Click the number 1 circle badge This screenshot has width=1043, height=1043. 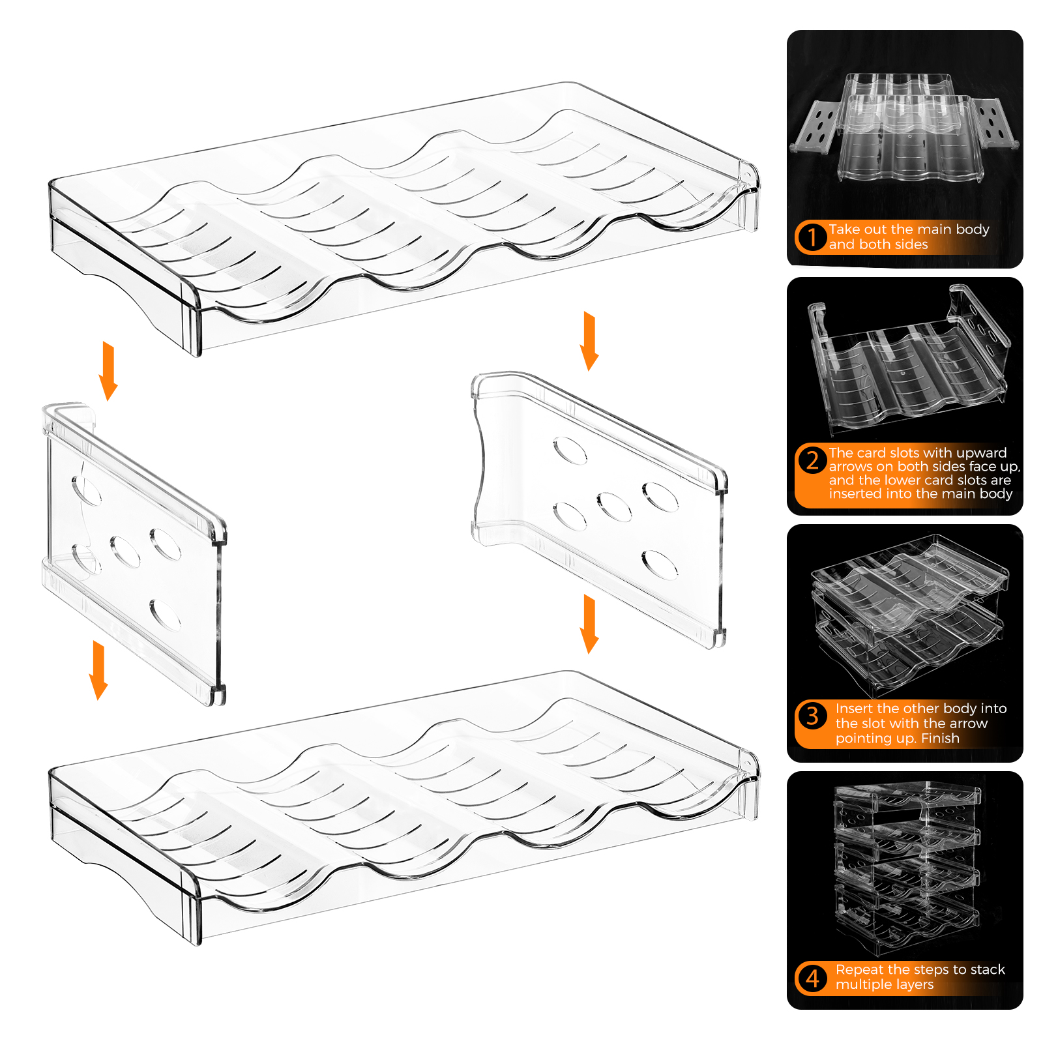coord(812,237)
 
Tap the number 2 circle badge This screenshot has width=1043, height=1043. coord(812,460)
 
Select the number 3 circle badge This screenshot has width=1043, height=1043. coord(812,716)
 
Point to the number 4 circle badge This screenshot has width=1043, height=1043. coord(812,978)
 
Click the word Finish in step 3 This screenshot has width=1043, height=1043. coord(940,738)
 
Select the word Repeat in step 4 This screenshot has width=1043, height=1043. coord(860,970)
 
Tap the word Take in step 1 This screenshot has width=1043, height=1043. coord(844,229)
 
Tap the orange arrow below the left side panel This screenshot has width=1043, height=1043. coord(98,670)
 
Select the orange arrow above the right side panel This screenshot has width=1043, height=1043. coord(589,341)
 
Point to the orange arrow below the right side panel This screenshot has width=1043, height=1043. coord(589,624)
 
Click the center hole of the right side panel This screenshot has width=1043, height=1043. coord(614,507)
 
